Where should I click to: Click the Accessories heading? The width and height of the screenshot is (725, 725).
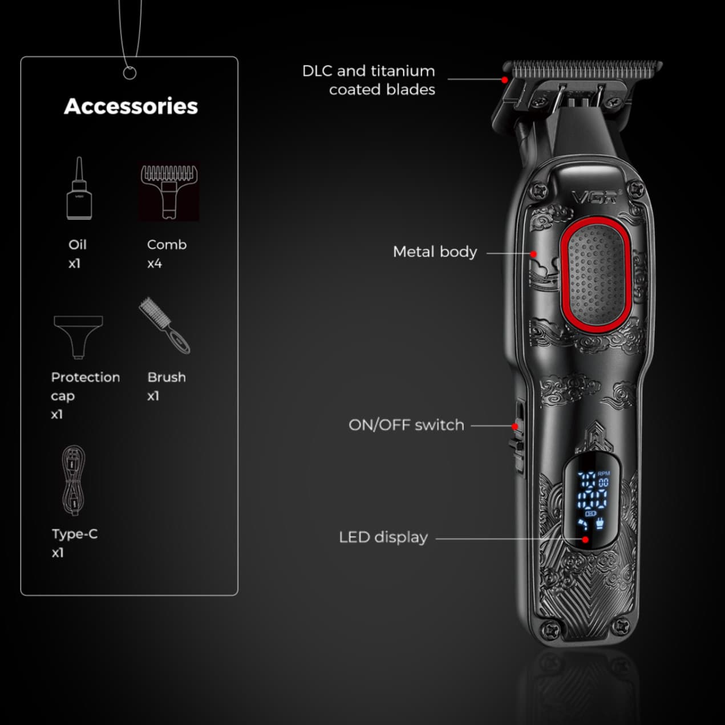click(x=131, y=107)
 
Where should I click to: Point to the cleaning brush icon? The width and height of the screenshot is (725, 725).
click(x=165, y=326)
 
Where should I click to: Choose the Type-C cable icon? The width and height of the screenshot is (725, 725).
click(x=74, y=480)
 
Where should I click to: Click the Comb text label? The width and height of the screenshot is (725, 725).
click(x=167, y=245)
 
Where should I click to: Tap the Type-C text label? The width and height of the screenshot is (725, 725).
click(x=75, y=534)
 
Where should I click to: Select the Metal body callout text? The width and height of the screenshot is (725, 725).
click(x=435, y=252)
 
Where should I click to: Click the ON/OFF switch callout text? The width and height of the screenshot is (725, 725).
click(x=406, y=425)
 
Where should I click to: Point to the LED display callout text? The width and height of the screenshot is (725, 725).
click(x=383, y=537)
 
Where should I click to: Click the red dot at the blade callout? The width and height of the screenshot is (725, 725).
click(x=504, y=80)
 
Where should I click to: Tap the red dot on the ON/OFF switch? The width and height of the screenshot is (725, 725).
click(x=515, y=426)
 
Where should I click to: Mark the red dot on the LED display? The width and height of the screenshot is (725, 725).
click(x=585, y=540)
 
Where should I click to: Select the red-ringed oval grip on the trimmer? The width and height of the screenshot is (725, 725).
click(x=596, y=275)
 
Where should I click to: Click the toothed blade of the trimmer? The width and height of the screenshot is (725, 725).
click(x=583, y=70)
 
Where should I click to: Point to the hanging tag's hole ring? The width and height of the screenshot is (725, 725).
click(x=130, y=73)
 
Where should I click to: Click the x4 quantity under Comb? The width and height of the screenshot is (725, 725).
click(x=154, y=264)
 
